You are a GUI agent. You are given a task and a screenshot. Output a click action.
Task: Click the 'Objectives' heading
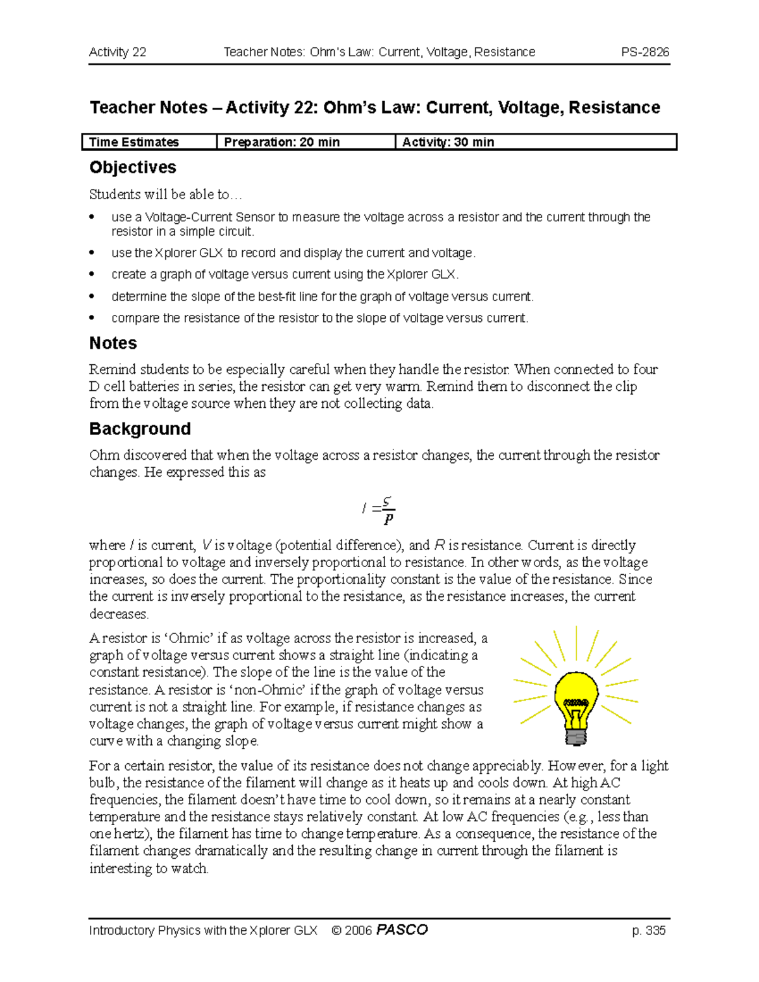132,168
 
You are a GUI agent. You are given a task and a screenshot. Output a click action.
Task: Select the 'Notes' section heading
113,343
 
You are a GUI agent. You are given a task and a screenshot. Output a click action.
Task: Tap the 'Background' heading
140,429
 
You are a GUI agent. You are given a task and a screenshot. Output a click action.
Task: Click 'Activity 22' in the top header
118,52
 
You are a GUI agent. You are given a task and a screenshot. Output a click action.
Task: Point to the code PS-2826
645,52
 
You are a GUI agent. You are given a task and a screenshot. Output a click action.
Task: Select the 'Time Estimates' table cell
134,142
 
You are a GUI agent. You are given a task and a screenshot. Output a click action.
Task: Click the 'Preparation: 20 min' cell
281,142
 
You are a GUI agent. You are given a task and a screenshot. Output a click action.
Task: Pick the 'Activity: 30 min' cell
448,142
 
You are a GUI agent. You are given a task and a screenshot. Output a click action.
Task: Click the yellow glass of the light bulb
576,686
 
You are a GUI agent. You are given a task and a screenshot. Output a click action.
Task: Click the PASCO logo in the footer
402,930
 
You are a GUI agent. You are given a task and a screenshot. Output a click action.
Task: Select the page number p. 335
648,930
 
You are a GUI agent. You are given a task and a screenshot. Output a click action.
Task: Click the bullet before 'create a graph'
92,274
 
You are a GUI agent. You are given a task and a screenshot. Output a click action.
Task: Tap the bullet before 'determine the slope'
92,297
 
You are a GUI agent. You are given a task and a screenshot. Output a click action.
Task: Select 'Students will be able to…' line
165,195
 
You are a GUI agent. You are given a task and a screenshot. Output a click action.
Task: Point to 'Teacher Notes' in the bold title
149,107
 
